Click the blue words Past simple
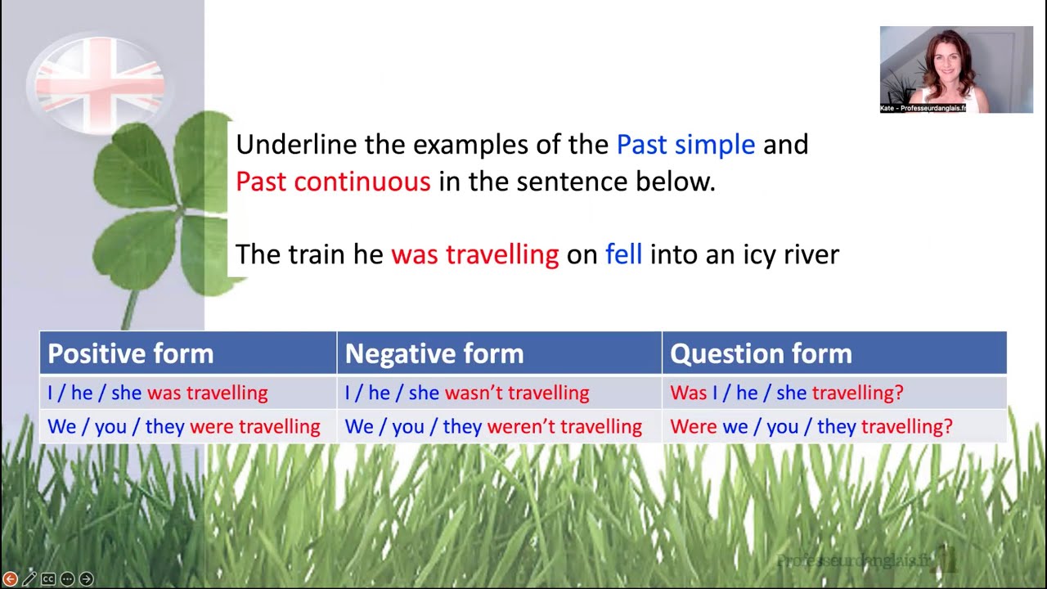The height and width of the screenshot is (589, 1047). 685,145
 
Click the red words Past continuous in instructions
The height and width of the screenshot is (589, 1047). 333,182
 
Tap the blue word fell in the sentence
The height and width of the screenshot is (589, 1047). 623,254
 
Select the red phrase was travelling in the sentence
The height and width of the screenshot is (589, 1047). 474,254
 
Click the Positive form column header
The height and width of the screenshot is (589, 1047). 131,353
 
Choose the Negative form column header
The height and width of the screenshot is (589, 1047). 434,353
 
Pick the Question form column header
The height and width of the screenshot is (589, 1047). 761,353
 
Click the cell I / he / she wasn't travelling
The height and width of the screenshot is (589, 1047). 467,393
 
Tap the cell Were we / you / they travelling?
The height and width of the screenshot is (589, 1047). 811,426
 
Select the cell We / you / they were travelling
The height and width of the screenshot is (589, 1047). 184,426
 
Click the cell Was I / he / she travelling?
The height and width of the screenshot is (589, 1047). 786,393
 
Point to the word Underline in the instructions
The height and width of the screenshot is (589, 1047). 296,145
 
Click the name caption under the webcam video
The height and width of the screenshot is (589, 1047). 923,108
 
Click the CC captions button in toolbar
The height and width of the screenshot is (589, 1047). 48,579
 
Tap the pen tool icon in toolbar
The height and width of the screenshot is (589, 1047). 29,579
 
